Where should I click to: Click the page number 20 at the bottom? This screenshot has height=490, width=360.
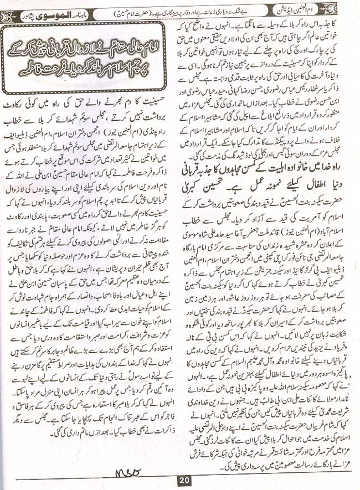coord(183,481)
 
